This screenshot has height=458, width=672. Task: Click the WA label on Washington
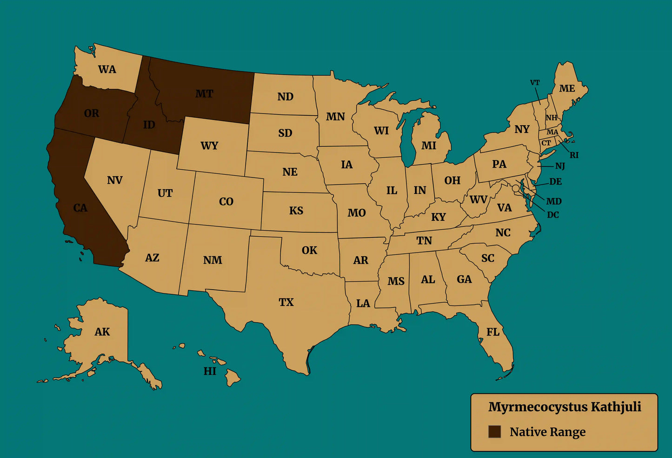tap(107, 70)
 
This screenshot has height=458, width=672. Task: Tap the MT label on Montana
tap(204, 94)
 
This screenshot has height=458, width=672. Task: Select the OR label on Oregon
tap(92, 113)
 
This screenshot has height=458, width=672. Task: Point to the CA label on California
tap(80, 208)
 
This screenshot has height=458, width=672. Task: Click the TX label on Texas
tap(286, 302)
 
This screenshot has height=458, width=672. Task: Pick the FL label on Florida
tap(493, 332)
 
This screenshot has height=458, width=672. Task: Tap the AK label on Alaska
tap(102, 332)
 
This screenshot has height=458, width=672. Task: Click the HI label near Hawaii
tap(210, 371)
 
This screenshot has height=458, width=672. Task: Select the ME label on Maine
tap(567, 88)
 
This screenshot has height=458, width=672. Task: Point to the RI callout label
tap(574, 155)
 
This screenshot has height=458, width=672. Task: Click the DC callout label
tap(553, 215)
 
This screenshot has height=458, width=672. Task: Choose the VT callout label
tap(535, 83)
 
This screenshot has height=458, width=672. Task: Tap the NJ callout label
tap(560, 166)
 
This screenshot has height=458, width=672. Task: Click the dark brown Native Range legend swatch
tap(494, 431)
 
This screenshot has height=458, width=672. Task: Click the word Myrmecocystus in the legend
tap(531, 407)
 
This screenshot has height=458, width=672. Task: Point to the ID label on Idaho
tap(149, 125)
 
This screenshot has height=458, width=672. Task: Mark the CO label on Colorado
tap(226, 202)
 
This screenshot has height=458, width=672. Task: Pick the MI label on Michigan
tap(429, 146)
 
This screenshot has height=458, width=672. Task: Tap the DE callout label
tap(555, 181)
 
